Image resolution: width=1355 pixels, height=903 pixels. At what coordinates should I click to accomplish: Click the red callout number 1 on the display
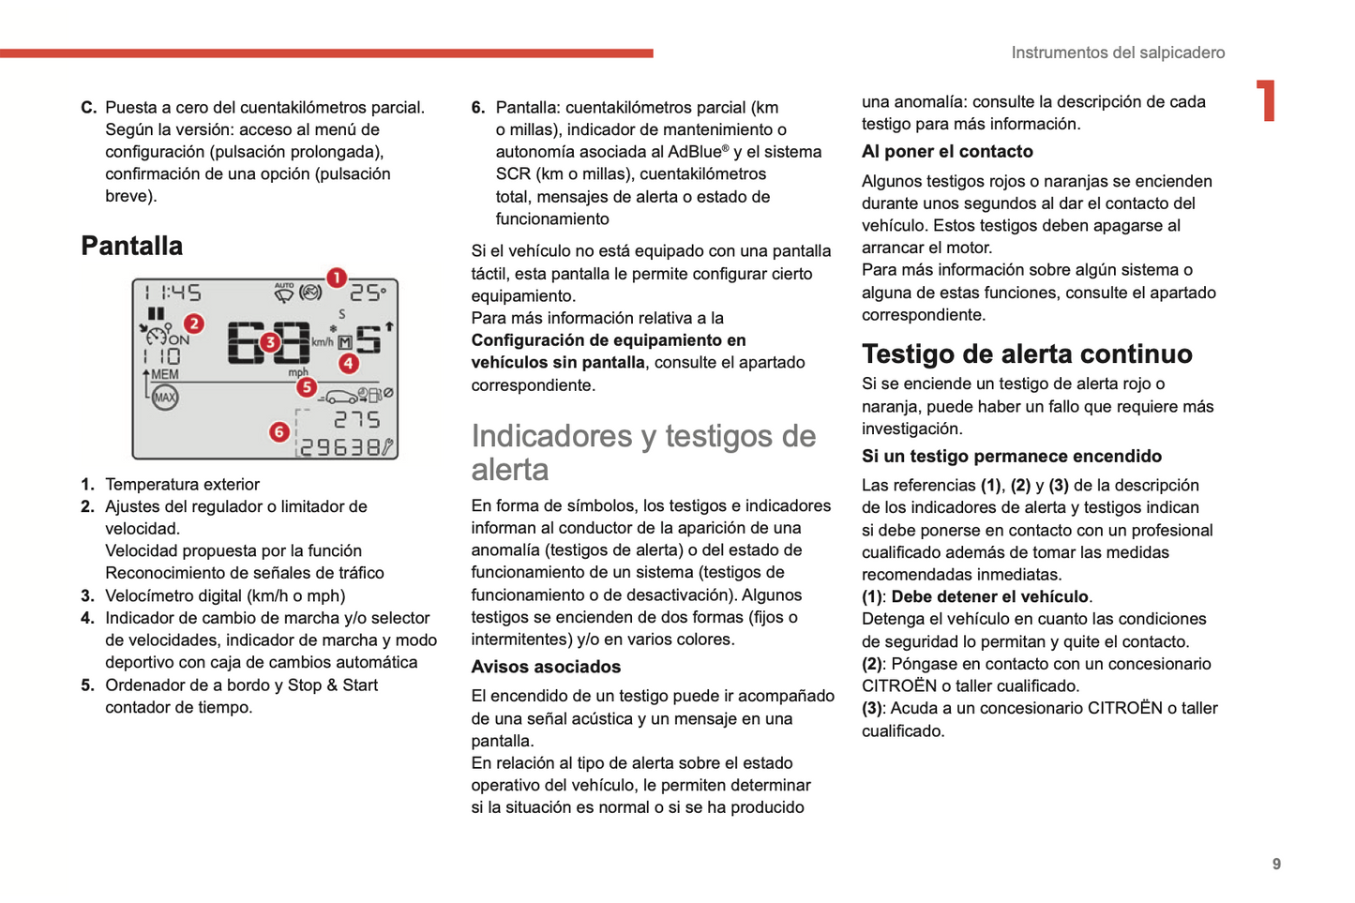click(336, 278)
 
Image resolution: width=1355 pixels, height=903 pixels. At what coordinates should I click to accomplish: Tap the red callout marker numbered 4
click(349, 363)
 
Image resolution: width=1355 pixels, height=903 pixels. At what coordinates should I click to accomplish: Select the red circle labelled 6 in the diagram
click(279, 431)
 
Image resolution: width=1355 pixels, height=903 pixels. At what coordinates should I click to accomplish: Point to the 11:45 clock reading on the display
click(173, 293)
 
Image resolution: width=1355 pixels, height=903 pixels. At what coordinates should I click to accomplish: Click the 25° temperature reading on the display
click(368, 293)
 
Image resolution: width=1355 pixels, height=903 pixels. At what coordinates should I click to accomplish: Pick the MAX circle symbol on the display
click(165, 398)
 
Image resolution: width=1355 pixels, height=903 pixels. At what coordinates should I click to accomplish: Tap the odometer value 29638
click(340, 448)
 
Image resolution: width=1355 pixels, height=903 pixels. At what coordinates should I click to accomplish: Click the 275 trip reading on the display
click(357, 419)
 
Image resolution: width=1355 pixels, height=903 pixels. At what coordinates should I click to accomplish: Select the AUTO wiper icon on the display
click(283, 293)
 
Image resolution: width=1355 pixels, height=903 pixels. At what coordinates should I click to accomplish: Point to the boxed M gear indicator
click(345, 343)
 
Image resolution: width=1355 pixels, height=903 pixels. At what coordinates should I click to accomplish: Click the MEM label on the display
click(165, 374)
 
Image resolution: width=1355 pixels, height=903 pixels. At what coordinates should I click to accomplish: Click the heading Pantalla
click(131, 246)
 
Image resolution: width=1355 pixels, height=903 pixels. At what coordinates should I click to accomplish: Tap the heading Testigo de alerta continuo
click(1027, 354)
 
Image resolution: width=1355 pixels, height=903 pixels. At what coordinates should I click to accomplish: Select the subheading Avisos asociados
click(546, 667)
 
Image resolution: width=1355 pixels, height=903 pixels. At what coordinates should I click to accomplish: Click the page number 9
click(1276, 864)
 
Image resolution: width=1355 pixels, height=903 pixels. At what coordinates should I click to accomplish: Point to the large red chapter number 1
click(1267, 100)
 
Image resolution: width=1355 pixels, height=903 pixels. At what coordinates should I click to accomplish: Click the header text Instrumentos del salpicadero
click(1118, 53)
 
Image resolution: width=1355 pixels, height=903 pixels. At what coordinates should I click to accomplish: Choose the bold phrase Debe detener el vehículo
click(989, 596)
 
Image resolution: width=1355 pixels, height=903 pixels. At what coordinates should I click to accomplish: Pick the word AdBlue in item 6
click(695, 152)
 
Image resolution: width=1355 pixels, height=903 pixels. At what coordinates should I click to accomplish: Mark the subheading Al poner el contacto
click(947, 151)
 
